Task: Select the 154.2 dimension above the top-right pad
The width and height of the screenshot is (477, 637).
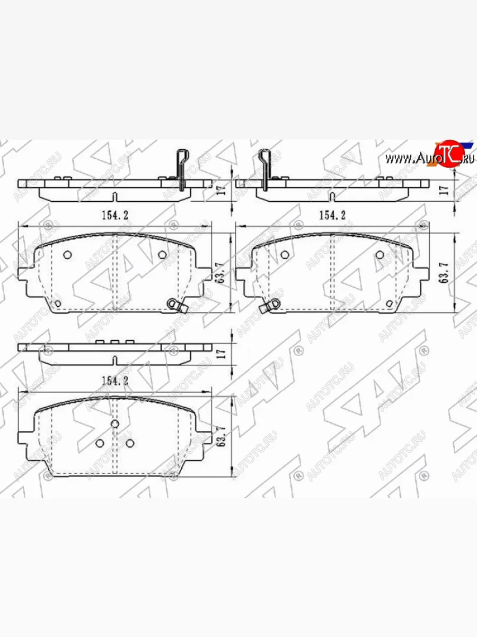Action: (x=332, y=215)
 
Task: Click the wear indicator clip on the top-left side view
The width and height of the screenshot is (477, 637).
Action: (x=181, y=170)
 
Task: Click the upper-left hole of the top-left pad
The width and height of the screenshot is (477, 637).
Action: (x=67, y=255)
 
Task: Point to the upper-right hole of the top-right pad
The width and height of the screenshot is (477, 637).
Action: (x=379, y=255)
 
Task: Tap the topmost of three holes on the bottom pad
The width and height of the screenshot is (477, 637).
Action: (x=115, y=423)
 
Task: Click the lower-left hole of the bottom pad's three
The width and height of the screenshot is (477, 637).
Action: (x=100, y=443)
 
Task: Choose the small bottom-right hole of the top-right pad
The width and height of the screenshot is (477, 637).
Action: (x=391, y=303)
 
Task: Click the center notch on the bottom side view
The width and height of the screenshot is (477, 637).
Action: (x=115, y=361)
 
